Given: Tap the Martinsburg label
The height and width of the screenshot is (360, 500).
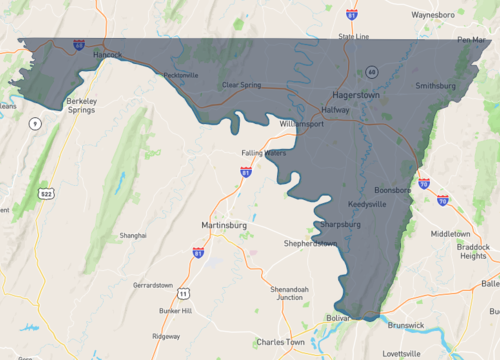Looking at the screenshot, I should point(223,225).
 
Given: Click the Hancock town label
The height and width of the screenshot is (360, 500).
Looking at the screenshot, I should point(102,54).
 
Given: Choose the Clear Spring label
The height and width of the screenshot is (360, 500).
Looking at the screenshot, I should point(241,85).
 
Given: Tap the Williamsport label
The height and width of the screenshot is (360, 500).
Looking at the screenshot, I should point(303,123).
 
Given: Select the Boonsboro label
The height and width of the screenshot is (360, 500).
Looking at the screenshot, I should point(393,189).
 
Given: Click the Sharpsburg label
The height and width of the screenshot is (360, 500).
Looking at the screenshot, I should point(341,224).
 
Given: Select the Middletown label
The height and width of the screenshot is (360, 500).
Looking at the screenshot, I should point(449,233).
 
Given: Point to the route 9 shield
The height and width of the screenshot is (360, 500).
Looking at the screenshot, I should point(35,123).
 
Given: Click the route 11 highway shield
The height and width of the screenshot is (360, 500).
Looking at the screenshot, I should point(183,293).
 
